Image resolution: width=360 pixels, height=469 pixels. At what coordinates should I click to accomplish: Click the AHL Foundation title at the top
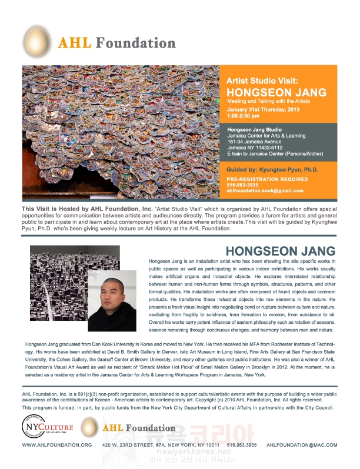pos(116,43)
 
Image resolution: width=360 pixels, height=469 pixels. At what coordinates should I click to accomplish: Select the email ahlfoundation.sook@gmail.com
pos(265,190)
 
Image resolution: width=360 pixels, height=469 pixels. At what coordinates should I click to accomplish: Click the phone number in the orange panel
pos(242,185)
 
